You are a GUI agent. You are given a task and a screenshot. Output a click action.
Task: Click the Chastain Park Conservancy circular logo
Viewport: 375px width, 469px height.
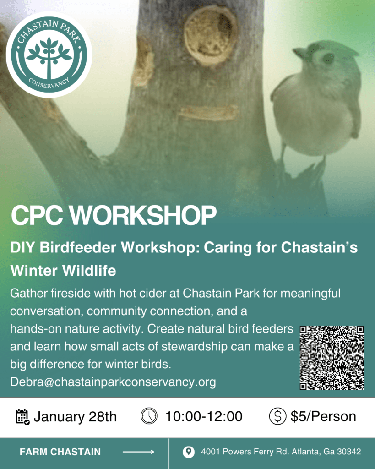click(x=49, y=55)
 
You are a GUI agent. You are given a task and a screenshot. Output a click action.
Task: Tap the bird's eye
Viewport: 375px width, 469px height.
click(x=328, y=58)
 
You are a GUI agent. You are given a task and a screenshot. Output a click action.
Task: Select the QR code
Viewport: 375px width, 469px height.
click(x=332, y=358)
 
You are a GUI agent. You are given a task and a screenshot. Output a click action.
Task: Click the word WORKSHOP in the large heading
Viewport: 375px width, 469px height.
click(x=143, y=215)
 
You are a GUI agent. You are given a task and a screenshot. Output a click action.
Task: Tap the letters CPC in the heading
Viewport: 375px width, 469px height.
click(x=37, y=215)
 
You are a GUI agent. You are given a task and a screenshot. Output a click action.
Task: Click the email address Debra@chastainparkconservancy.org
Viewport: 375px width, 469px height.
click(x=113, y=382)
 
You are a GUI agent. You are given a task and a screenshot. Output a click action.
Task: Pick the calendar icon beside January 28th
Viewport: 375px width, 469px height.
click(x=22, y=417)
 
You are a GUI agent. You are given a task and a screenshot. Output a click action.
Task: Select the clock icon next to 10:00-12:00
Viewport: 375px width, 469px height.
click(x=149, y=416)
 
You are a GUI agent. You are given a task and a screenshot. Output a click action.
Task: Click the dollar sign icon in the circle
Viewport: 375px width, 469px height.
click(x=277, y=416)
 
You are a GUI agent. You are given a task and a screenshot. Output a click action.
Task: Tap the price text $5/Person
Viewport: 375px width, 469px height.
click(x=323, y=416)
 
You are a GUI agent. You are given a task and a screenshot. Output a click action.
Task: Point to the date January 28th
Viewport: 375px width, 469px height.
click(x=75, y=417)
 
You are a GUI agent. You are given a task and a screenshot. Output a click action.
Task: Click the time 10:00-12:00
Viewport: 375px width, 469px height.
click(x=204, y=416)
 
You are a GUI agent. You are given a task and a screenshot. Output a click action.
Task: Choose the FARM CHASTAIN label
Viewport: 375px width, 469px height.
click(x=60, y=452)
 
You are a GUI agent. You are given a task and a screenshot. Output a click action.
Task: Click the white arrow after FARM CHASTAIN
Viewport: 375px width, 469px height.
click(x=138, y=452)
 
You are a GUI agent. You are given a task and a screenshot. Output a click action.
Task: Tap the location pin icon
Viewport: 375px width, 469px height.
click(x=188, y=452)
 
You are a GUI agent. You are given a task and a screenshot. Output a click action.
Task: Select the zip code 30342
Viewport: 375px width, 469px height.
click(x=349, y=452)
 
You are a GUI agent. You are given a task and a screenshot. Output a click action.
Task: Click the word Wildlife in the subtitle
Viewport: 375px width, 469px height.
click(x=89, y=271)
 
